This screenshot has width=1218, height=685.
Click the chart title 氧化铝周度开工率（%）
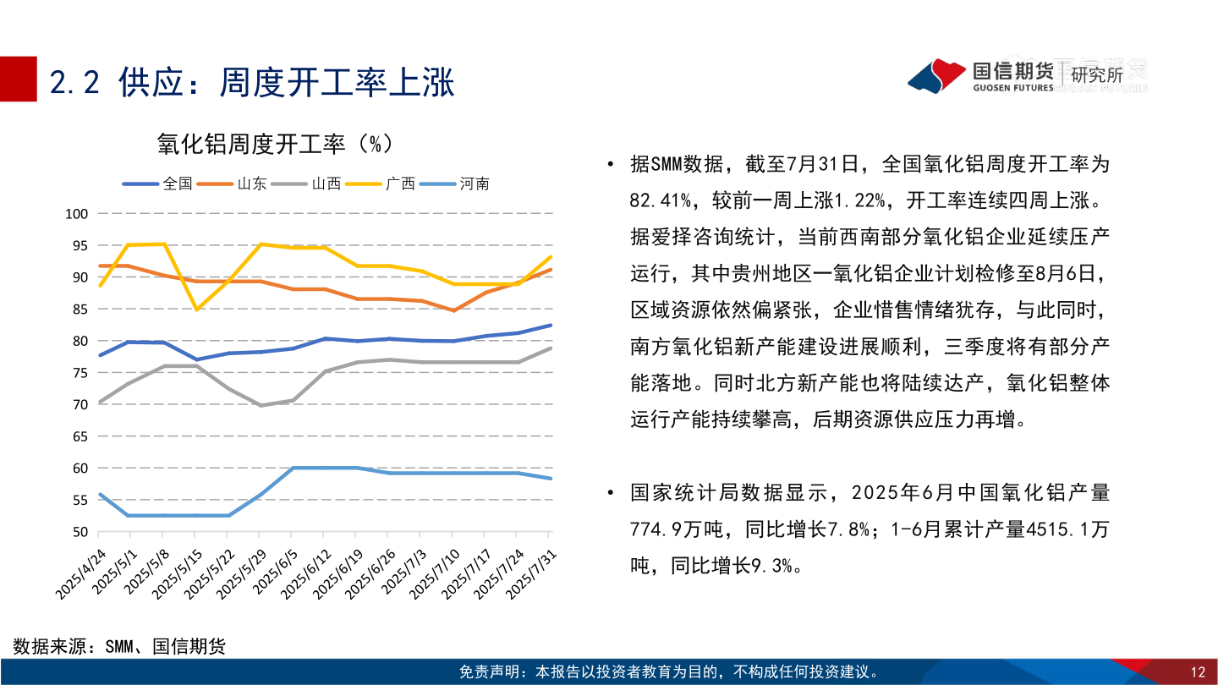coord(275,145)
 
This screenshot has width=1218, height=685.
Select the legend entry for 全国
coord(178,184)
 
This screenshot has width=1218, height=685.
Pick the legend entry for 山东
coord(252,184)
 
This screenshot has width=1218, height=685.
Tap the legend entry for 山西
coord(326,184)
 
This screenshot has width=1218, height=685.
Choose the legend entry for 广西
coord(400,184)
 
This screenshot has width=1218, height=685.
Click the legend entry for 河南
coord(475,184)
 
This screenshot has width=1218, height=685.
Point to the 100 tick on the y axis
coord(78,214)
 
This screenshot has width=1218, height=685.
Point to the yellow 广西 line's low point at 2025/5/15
coord(196,309)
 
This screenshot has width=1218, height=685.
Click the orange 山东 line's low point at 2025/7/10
coord(453,310)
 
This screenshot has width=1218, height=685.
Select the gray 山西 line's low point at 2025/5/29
coord(261,405)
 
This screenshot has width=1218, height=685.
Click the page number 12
coord(1197,672)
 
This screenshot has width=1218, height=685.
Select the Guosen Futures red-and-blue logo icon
coord(937,75)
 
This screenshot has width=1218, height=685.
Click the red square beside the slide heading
coord(18,79)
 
